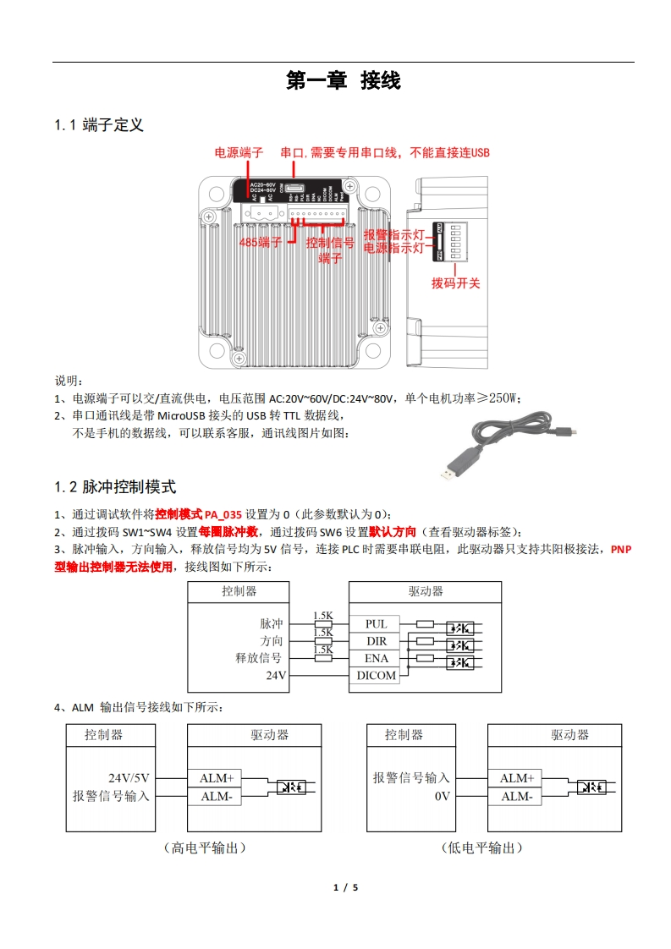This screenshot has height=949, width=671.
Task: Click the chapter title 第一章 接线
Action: (343, 81)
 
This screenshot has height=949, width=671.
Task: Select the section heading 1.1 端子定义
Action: (99, 125)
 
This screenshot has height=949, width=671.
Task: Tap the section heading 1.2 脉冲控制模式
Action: (115, 487)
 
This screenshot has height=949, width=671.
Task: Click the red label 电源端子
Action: (239, 153)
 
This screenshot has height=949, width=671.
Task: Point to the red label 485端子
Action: (261, 243)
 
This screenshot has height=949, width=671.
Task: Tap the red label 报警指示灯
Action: (393, 235)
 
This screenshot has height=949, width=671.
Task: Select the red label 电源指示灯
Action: (393, 249)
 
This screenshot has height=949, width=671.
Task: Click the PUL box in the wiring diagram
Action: (376, 624)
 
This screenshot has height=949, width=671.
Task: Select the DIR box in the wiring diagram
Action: (376, 641)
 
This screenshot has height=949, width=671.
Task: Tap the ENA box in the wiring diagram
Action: (376, 658)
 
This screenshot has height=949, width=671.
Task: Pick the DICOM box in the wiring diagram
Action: (376, 676)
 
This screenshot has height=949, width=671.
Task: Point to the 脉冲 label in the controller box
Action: (272, 624)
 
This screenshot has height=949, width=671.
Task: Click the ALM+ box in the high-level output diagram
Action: (216, 778)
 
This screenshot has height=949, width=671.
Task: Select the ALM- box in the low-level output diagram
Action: (516, 797)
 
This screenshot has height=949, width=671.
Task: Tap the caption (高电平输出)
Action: (205, 848)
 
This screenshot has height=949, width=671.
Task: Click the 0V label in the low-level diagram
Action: (442, 797)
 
